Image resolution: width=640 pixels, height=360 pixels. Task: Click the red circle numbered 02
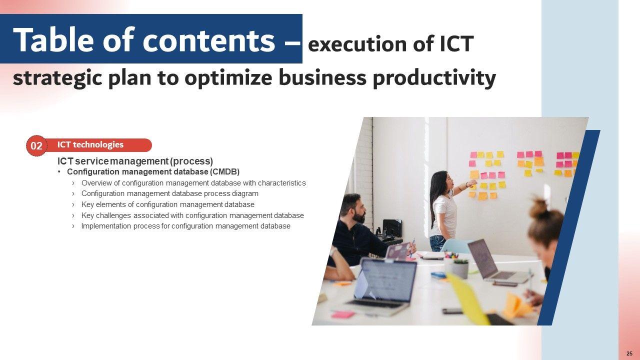pos(36,145)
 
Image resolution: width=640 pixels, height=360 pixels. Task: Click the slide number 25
pos(629,353)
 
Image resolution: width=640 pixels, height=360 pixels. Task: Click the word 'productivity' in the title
pos(434,78)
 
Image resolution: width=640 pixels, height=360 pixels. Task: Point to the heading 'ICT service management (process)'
pos(135,161)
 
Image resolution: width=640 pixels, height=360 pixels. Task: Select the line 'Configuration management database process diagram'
pos(169,193)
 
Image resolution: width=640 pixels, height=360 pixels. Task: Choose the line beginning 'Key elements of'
pos(167,204)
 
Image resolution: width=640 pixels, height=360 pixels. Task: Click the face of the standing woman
pos(448,181)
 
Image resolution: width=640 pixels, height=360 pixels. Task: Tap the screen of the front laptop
pos(384,279)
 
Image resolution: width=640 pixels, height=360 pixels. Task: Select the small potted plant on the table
pos(460,268)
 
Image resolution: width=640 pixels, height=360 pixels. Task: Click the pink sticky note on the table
pos(342,314)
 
